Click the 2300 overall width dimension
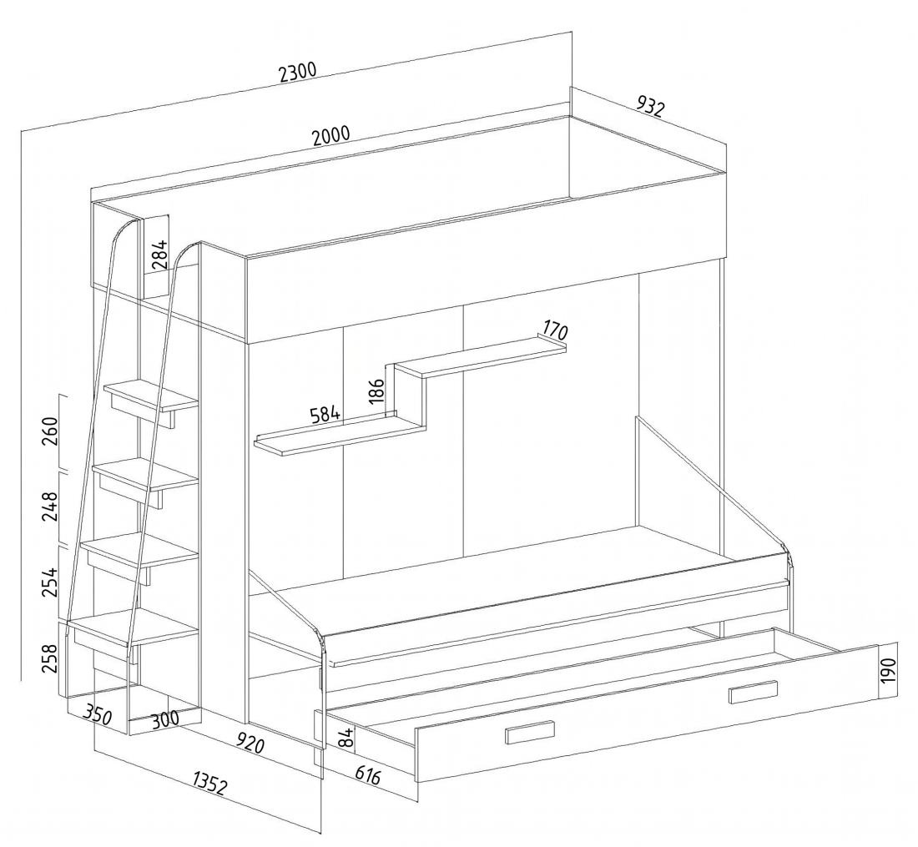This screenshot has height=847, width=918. [x=297, y=73]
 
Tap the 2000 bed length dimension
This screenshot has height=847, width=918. [x=330, y=135]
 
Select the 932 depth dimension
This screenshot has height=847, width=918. [x=650, y=106]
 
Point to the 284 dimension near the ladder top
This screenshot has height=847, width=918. [x=159, y=254]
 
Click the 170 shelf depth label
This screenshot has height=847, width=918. [x=553, y=330]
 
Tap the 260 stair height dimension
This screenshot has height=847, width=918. [x=52, y=431]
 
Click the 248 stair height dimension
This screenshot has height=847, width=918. [x=52, y=507]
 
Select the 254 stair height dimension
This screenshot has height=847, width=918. [x=52, y=582]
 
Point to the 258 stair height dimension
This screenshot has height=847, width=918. [x=52, y=658]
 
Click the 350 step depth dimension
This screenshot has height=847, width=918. [x=97, y=714]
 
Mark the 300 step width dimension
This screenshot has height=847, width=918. [x=164, y=720]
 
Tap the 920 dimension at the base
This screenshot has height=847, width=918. [x=250, y=744]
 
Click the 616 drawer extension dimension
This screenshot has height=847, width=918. [x=368, y=775]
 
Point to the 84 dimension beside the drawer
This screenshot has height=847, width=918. [x=346, y=738]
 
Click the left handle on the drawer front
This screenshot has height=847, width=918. [x=529, y=733]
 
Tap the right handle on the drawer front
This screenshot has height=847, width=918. [x=754, y=691]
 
